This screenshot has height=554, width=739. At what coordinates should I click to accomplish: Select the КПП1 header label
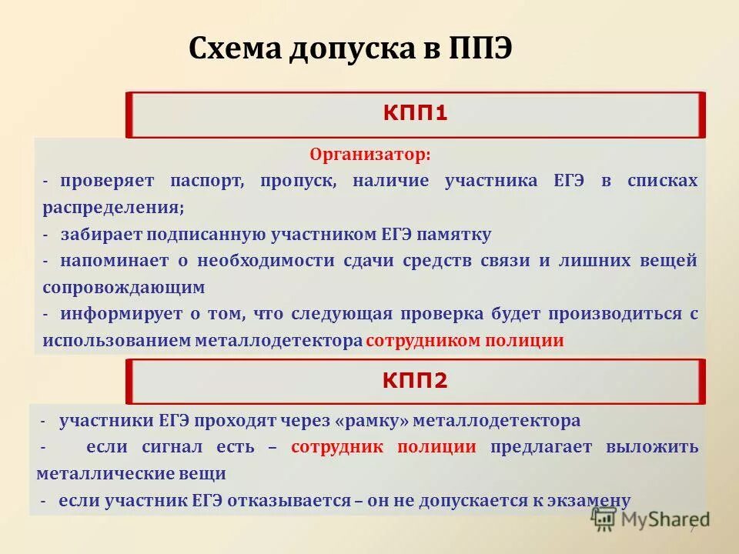click(416, 114)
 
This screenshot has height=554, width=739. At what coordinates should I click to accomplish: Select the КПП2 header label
click(416, 379)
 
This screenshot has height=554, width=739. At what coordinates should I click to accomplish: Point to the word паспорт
click(210, 182)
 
